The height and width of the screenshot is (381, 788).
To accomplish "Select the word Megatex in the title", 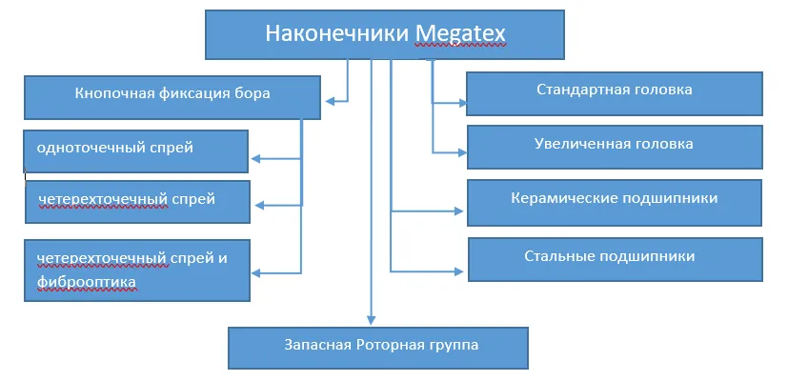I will tap(460, 35).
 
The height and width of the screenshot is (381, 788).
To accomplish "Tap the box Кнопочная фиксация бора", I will tap(172, 94).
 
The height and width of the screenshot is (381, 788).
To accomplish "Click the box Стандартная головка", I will tap(614, 91).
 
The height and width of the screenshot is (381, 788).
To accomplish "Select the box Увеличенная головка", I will tap(614, 145).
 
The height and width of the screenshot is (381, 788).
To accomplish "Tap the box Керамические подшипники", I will tap(614, 199).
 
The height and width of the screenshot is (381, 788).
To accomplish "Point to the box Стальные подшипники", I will tap(614, 257).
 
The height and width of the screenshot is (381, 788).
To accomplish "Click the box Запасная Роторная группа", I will tap(377, 346).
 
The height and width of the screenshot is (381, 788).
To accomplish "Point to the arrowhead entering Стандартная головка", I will tap(460, 101).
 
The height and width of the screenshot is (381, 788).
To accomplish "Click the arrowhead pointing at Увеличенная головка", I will tap(460, 151).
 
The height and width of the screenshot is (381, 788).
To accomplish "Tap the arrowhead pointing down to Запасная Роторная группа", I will tap(370, 320).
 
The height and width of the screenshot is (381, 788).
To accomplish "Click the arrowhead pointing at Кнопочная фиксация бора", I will tap(330, 99).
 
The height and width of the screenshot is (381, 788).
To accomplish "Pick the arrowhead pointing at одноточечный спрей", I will tap(256, 159).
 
